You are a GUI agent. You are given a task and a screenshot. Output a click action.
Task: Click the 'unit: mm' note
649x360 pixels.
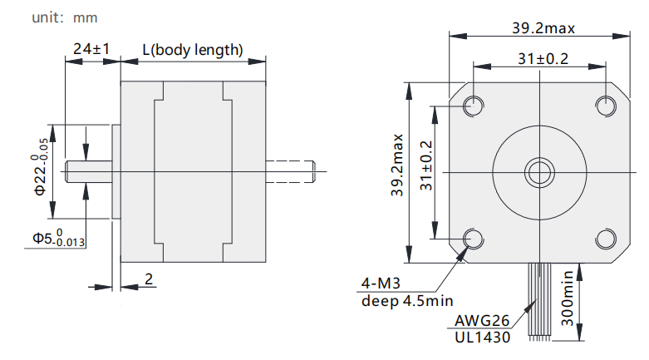coord(65,17)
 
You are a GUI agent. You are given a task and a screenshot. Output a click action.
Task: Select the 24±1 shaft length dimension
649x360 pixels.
coord(91,49)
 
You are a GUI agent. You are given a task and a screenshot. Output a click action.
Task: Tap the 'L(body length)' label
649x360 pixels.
coord(193,50)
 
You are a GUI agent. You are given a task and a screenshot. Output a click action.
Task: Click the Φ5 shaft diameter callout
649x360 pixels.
coord(59,238)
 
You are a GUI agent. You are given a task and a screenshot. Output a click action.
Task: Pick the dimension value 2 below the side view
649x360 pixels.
coord(149,279)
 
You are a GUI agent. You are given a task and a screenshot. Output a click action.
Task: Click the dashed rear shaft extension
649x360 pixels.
coord(290,171)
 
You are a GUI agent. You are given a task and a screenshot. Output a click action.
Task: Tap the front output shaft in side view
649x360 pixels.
coord(89,171)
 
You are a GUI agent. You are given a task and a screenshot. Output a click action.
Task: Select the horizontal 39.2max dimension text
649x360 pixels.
coord(543,28)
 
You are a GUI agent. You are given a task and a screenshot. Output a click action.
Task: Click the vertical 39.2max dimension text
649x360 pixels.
coord(396,165)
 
